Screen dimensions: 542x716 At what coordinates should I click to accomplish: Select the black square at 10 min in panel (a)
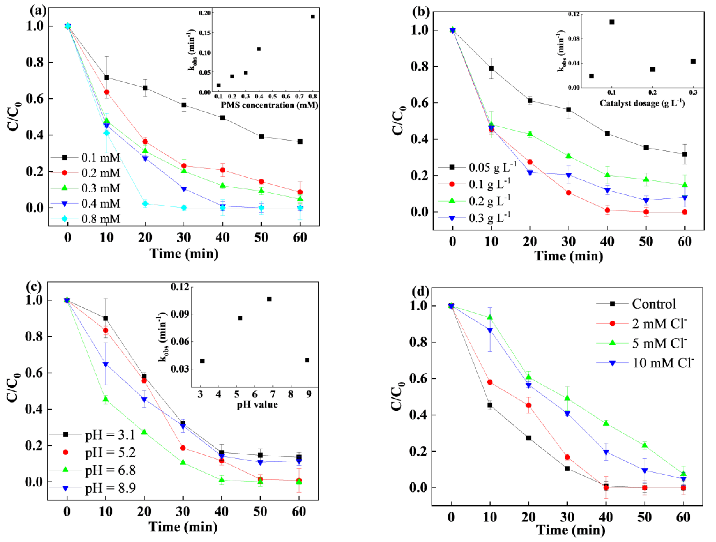point(106,78)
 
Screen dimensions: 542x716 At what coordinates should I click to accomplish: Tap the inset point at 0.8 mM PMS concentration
point(313,16)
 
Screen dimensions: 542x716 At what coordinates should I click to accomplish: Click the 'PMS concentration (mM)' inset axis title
point(269,105)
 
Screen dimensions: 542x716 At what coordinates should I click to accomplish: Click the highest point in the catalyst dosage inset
point(612,22)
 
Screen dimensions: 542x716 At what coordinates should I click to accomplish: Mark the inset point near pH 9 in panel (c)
point(307,360)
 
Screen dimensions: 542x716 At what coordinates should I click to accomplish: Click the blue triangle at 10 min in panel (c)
point(105,364)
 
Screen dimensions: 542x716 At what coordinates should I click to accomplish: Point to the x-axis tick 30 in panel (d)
point(567,517)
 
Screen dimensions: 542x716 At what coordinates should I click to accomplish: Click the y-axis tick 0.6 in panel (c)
point(34,373)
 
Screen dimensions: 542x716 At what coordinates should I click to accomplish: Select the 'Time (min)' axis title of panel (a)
point(184,253)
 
